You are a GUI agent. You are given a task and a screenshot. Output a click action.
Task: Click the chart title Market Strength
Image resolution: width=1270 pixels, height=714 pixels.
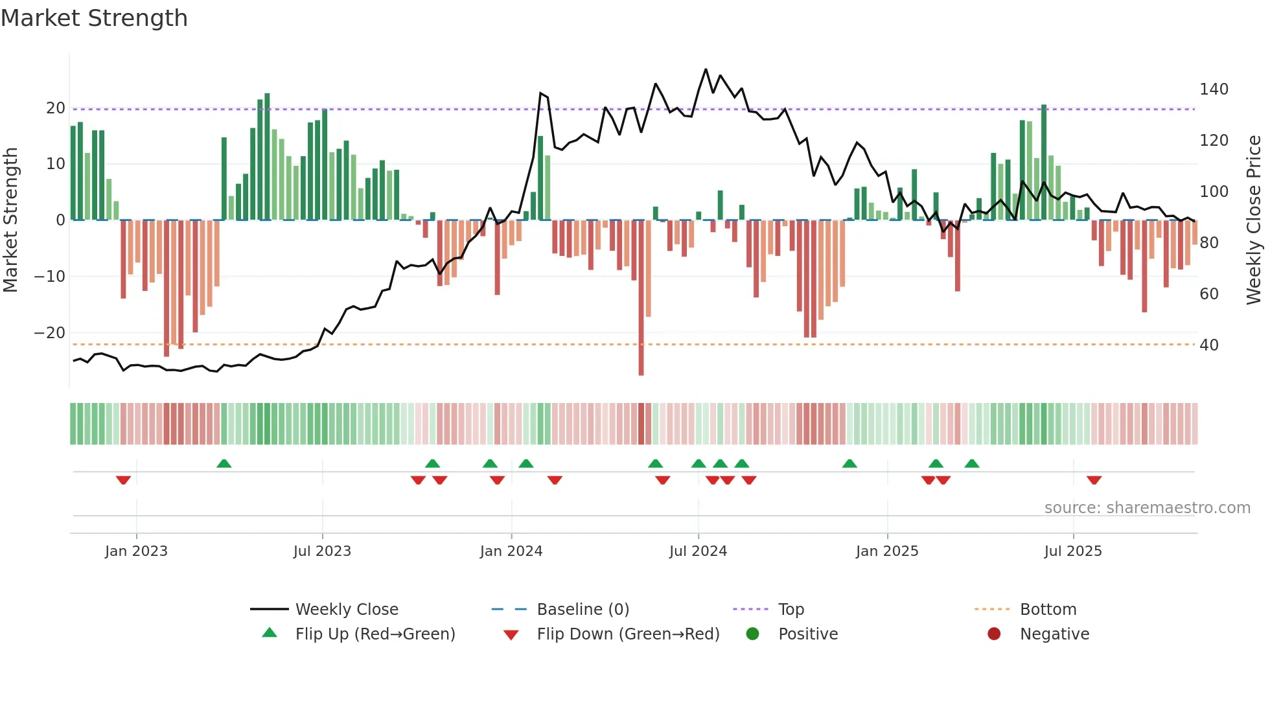click(94, 18)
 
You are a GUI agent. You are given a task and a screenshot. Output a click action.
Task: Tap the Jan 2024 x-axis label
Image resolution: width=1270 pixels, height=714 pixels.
click(511, 551)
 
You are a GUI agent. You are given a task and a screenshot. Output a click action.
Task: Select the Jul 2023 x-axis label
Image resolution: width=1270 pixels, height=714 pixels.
click(322, 551)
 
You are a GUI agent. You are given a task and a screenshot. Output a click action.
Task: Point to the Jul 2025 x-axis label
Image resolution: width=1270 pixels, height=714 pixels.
click(1073, 551)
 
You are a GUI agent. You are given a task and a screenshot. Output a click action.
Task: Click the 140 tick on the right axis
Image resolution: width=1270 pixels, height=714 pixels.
click(1214, 89)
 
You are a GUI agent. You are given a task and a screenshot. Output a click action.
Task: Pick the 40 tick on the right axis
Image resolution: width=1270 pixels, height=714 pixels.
click(1209, 345)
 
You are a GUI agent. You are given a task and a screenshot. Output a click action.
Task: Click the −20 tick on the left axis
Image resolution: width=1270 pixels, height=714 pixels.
click(50, 333)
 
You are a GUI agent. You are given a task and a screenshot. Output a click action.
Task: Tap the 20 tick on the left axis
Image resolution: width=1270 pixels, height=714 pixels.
click(56, 108)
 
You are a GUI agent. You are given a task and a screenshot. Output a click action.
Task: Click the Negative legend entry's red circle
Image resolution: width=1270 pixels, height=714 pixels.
click(994, 634)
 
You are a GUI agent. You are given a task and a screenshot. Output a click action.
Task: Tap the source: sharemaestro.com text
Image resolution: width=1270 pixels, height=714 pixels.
click(1147, 508)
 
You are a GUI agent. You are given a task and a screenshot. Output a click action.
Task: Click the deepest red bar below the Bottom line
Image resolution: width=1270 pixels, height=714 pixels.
click(641, 363)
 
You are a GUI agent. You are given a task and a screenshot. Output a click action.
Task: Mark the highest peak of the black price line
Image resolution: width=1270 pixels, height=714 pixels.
click(706, 69)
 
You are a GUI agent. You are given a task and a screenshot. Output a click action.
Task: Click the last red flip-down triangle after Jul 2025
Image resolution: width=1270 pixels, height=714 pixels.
click(1094, 480)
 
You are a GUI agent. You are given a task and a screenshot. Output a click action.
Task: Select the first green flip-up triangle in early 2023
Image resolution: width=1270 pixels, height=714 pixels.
click(224, 464)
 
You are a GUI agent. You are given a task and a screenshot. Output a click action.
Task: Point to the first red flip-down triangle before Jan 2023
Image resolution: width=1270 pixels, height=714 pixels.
click(123, 480)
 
